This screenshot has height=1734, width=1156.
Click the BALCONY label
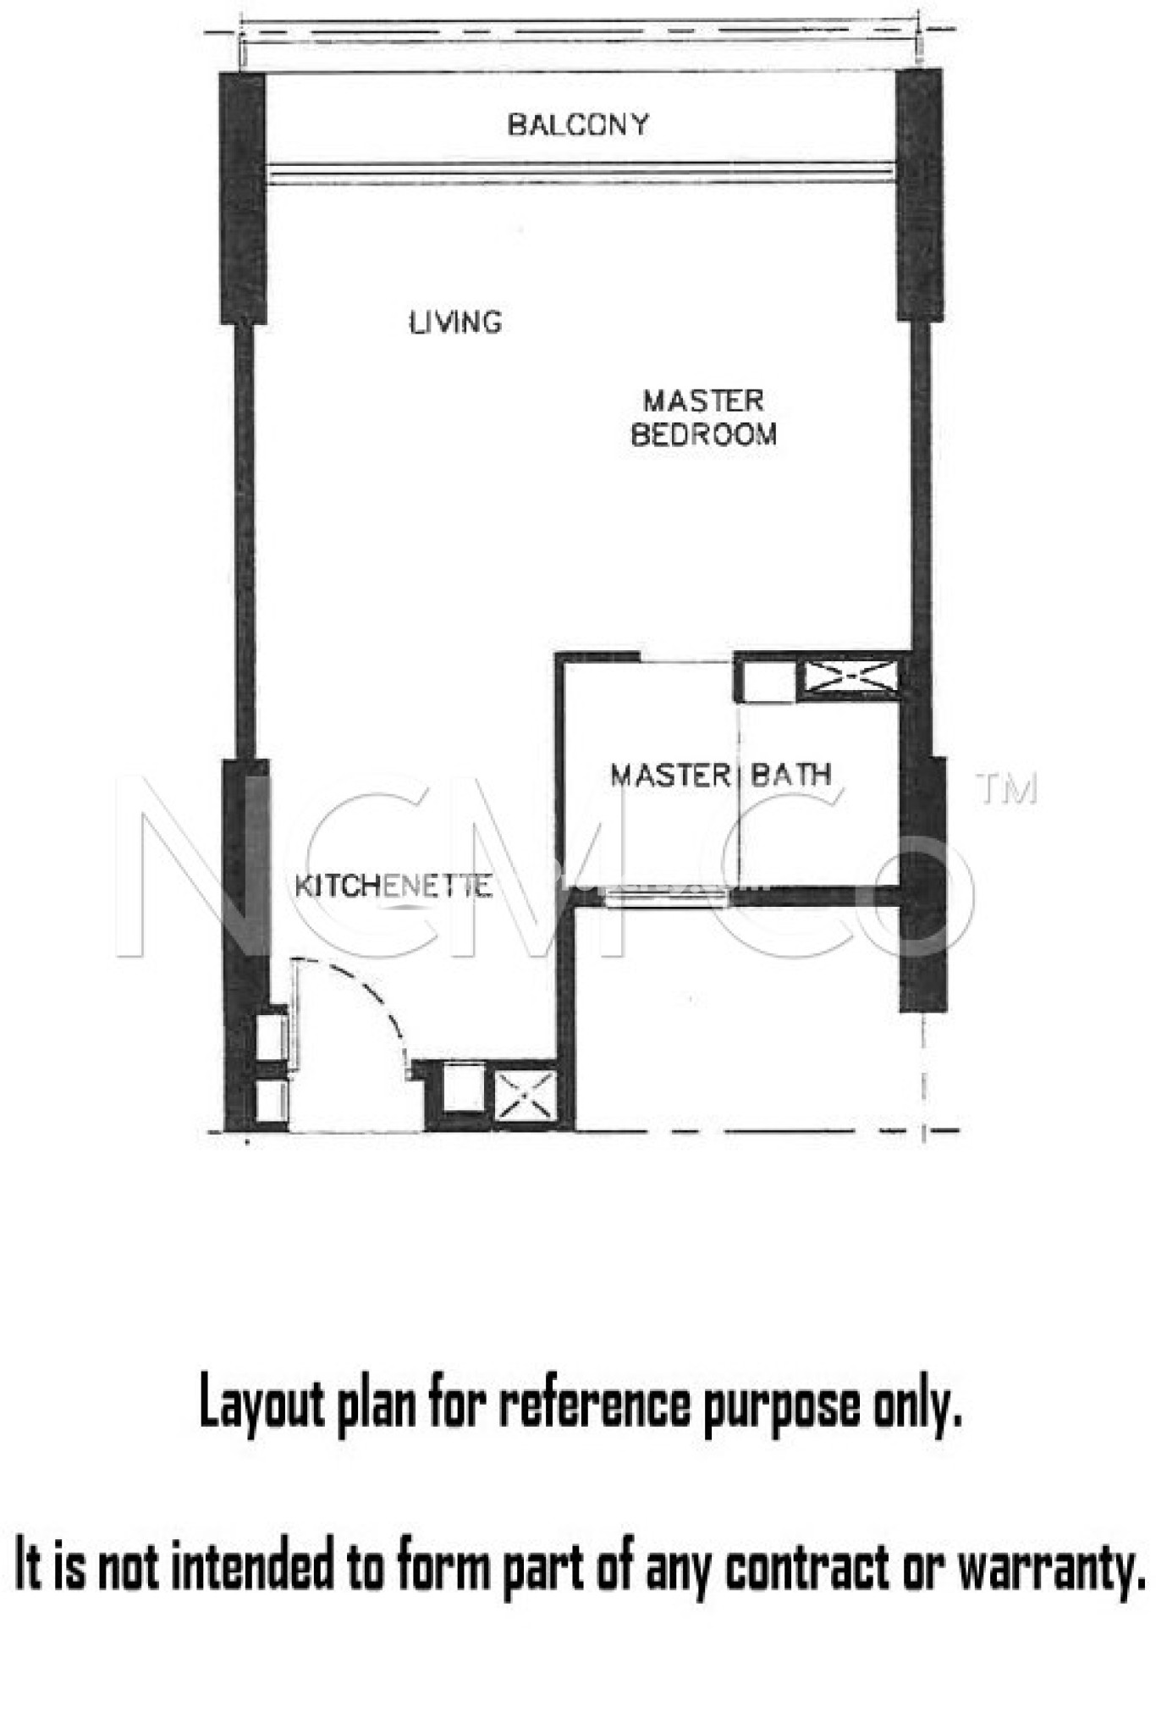tap(578, 124)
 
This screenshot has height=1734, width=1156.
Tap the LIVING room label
tap(455, 322)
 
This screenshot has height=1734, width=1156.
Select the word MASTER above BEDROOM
tap(703, 400)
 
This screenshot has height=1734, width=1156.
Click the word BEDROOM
tap(703, 434)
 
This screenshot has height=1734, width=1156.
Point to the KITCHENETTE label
tap(393, 886)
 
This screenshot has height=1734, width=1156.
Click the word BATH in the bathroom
tap(790, 774)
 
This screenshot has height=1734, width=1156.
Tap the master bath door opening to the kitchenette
tap(667, 897)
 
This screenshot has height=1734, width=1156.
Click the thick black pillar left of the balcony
tap(243, 198)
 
